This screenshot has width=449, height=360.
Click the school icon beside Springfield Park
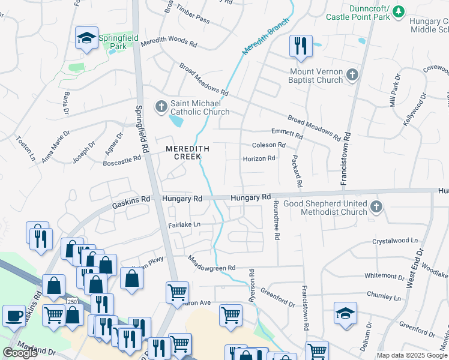click(87, 38)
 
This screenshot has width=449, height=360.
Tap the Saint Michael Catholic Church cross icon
click(161, 107)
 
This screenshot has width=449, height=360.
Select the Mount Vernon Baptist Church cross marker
click(352, 76)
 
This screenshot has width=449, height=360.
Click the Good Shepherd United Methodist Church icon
click(376, 207)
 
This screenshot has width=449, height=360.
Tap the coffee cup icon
click(14, 315)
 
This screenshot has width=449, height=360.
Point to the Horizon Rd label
click(259, 159)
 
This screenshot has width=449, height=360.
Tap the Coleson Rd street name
click(268, 145)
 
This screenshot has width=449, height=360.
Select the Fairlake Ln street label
click(184, 224)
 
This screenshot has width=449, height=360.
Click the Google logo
click(20, 353)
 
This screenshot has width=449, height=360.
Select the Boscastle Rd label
click(122, 161)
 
